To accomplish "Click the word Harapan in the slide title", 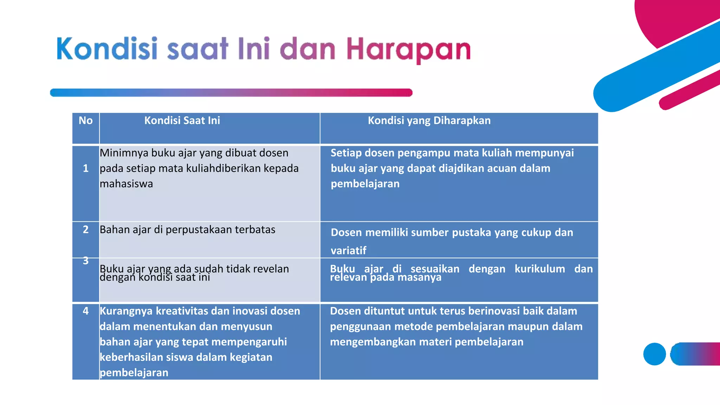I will coord(409,50).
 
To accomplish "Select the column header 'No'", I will coord(85,121).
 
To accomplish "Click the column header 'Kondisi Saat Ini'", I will coord(182,121).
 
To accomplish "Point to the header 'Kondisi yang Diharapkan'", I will coord(429,121).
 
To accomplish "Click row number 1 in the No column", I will coord(85,168).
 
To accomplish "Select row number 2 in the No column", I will coord(85,230).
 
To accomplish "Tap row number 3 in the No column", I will coord(85,261).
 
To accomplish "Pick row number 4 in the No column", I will coord(85,311).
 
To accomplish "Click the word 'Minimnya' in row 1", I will coord(124,153).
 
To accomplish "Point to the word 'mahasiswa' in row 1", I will coord(126,184).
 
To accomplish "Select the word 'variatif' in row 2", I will coord(348,251).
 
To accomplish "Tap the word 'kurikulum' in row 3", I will coord(540,269).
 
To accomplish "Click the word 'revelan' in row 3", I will coord(271,269).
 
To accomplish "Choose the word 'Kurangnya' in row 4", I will coord(126,311).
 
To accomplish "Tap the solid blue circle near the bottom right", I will coord(654,354).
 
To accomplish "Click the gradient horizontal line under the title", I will coord(231,93).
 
